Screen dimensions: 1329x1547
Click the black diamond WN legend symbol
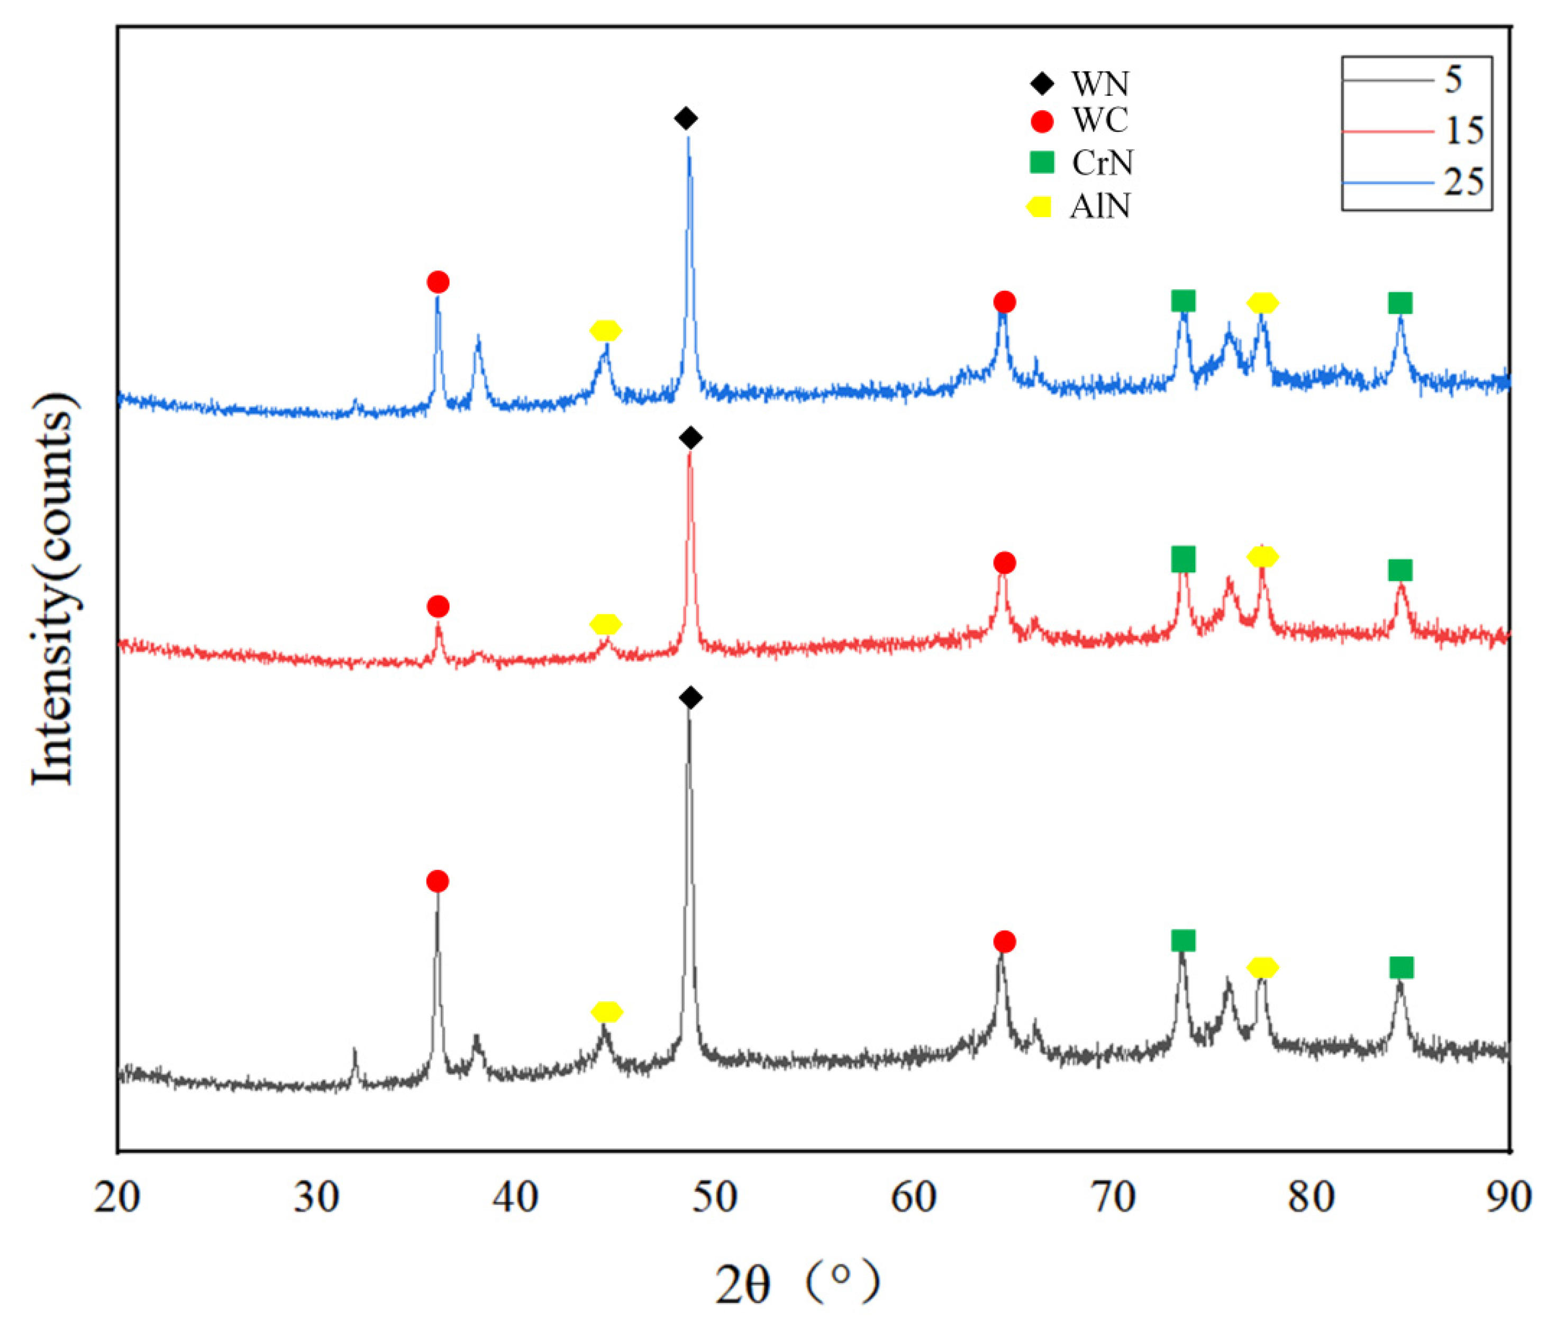[1042, 83]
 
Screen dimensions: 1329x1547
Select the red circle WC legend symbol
[1042, 122]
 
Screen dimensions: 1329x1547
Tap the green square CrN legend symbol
[1042, 162]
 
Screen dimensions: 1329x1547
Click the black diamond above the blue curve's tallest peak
[686, 118]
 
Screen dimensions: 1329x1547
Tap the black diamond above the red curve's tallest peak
[690, 438]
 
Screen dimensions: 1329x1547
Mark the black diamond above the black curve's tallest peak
[690, 698]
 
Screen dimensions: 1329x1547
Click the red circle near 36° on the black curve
[438, 882]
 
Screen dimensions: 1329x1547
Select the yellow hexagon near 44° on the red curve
[605, 624]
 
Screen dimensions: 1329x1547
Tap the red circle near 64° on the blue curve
[1004, 302]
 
